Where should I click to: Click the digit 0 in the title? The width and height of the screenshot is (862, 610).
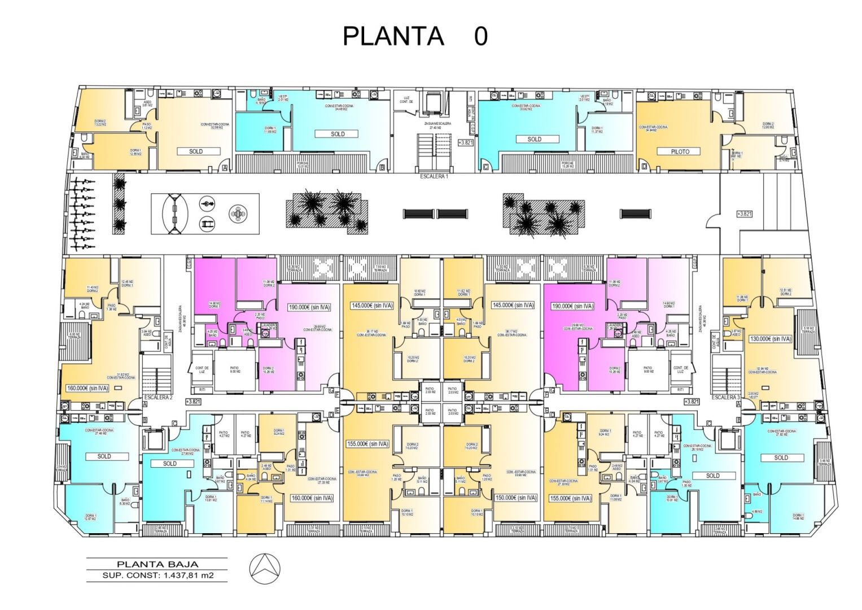(480, 36)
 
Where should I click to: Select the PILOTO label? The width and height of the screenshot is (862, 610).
(680, 151)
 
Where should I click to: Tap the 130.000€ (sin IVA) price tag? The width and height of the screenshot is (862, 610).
(771, 339)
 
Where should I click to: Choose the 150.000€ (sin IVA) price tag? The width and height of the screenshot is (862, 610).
(515, 498)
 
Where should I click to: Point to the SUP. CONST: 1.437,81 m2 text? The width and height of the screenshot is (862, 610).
(157, 576)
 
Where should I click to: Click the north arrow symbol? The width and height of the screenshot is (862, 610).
(265, 570)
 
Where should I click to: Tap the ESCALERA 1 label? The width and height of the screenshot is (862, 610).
(434, 176)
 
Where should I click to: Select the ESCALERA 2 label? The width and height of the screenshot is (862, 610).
(158, 398)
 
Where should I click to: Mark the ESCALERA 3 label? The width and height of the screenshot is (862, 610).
(725, 398)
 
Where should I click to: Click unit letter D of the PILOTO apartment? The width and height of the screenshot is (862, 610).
(644, 167)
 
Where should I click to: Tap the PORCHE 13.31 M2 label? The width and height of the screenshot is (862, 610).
(303, 165)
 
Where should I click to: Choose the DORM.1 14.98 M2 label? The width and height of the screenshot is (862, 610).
(797, 517)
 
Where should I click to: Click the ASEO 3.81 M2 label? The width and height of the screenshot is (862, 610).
(147, 104)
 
